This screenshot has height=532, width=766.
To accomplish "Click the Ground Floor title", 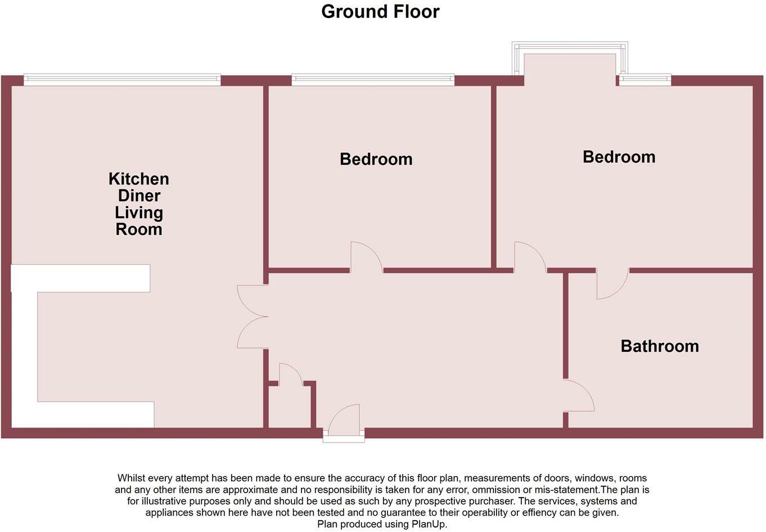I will click(380, 11).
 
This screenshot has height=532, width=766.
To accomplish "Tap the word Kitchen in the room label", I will click(138, 179).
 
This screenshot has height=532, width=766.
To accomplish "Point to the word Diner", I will click(139, 196).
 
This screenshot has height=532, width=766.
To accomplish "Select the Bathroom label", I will click(659, 346).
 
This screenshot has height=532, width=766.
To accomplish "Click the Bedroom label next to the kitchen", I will click(376, 159).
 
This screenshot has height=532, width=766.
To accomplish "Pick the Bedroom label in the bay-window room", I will click(619, 157).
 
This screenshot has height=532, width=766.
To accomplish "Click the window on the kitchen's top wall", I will click(122, 80).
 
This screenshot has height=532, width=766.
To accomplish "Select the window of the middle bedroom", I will click(372, 80).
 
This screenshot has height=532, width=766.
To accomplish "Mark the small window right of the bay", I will click(645, 80).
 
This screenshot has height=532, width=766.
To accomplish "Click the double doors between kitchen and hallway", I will click(251, 317).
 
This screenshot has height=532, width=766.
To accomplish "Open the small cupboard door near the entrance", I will click(290, 375).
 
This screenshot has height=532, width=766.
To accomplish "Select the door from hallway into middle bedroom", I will click(366, 258).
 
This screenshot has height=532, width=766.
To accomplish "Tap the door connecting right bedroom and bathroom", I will click(612, 284).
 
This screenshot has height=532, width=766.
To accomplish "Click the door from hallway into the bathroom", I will click(579, 396).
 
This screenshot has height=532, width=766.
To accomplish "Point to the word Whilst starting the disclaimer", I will click(130, 478).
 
